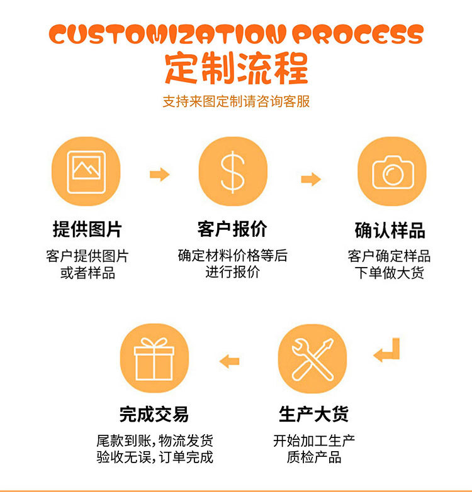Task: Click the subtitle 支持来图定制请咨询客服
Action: pos(236,101)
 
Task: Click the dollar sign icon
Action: pos(233,171)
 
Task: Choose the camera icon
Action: pos(392,171)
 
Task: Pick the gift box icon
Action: pos(154,358)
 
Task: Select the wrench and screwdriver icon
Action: pos(313,358)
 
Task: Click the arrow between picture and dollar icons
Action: pos(160,174)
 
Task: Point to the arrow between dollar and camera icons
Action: pos(311,180)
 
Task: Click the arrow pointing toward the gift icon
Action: pos(229,361)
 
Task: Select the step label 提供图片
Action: pos(87,229)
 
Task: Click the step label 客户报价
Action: pos(232,229)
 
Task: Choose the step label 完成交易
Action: pos(154,414)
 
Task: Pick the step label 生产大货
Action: pos(313,414)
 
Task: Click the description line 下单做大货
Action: pos(390,273)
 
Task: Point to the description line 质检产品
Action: pos(314,457)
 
